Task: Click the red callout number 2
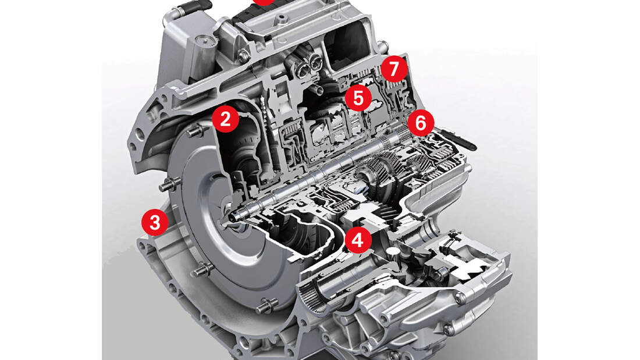[x=225, y=119]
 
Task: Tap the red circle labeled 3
[x=154, y=222]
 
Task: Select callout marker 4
[x=358, y=240]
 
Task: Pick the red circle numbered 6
[x=421, y=122]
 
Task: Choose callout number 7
[x=394, y=70]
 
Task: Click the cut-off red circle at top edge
[x=264, y=2]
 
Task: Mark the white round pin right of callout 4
[x=394, y=251]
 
